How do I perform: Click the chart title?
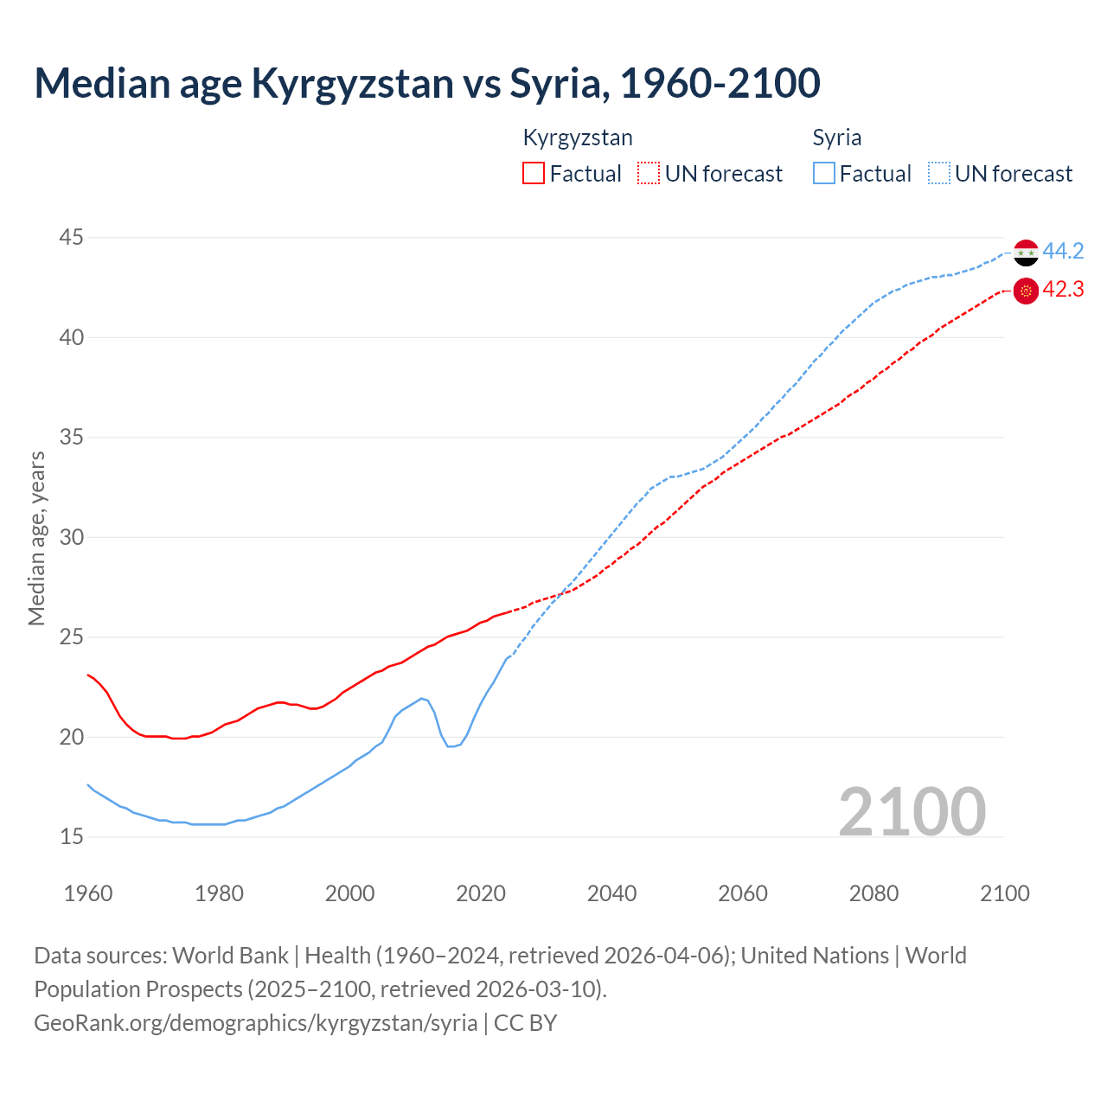pyautogui.click(x=427, y=83)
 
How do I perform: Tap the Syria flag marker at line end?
pyautogui.click(x=1026, y=253)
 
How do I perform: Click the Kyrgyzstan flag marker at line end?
pyautogui.click(x=1026, y=291)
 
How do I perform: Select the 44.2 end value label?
pyautogui.click(x=1063, y=252)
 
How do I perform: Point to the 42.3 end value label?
pyautogui.click(x=1063, y=290)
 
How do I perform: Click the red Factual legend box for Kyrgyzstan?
pyautogui.click(x=534, y=174)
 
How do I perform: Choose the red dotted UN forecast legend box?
pyautogui.click(x=649, y=174)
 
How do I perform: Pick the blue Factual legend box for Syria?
pyautogui.click(x=824, y=174)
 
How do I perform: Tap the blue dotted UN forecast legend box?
pyautogui.click(x=939, y=174)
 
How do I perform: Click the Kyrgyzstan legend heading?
pyautogui.click(x=578, y=138)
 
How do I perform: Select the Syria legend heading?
pyautogui.click(x=836, y=138)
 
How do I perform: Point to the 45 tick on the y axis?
pyautogui.click(x=72, y=238)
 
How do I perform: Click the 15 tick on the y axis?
pyautogui.click(x=72, y=837)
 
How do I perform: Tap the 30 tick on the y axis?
pyautogui.click(x=72, y=537)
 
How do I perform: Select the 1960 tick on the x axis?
pyautogui.click(x=88, y=893)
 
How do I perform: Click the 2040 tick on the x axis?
pyautogui.click(x=611, y=893)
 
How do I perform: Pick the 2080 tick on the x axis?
pyautogui.click(x=873, y=893)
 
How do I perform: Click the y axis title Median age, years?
pyautogui.click(x=36, y=538)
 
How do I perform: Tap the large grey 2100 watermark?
pyautogui.click(x=912, y=811)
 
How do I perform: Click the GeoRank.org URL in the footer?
pyautogui.click(x=255, y=1023)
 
